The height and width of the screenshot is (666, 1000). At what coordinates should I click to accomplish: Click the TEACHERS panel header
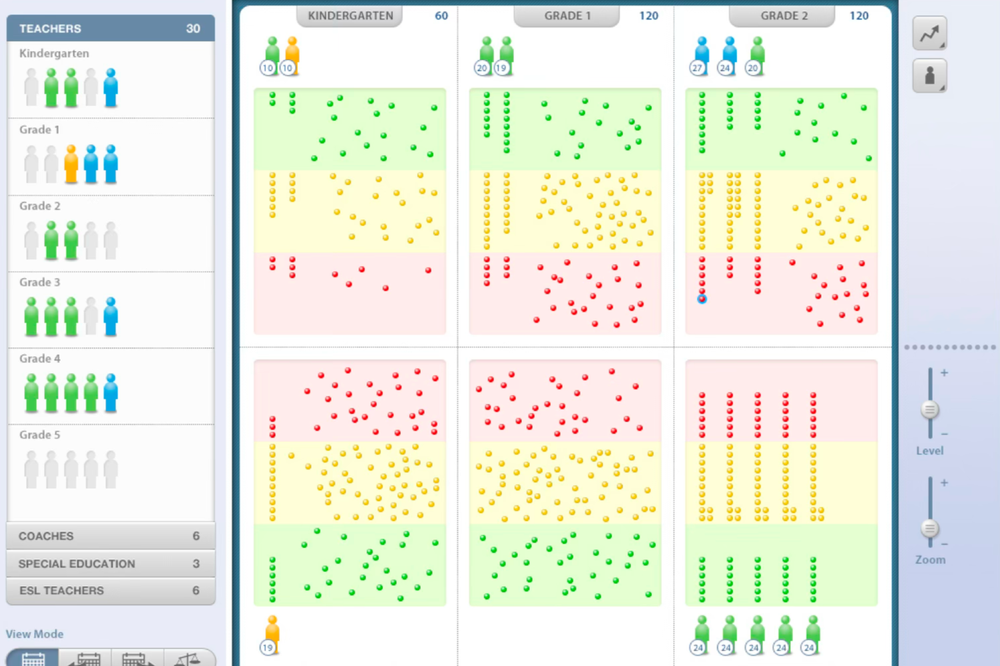coord(110,29)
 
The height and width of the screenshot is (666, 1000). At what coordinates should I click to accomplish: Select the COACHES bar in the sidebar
coord(110,536)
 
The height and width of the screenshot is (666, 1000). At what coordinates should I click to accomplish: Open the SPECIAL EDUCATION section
coord(110,564)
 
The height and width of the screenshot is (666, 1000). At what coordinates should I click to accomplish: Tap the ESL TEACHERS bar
coord(110,591)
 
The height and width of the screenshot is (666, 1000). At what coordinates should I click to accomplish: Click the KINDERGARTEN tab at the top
coord(350,16)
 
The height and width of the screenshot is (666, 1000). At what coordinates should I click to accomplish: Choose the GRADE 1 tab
coord(567,16)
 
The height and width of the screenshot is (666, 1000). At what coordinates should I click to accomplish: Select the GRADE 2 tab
coord(784,16)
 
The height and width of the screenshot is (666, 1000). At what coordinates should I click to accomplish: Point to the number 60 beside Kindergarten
coord(441,16)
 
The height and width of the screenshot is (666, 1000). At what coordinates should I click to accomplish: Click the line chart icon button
coord(929,33)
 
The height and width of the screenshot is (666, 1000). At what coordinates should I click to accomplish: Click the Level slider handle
coord(930,410)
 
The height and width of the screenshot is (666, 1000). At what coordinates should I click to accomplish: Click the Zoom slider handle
coord(930,528)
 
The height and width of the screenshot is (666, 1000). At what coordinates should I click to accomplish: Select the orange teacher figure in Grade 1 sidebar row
coord(71,164)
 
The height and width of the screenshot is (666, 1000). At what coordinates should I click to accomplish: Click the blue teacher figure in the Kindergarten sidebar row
coord(111,87)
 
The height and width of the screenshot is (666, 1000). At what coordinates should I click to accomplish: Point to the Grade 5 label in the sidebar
coord(40,435)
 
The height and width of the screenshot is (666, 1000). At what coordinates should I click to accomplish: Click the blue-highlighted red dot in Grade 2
coord(702,299)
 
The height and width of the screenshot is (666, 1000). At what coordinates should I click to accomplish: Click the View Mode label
coord(35,634)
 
